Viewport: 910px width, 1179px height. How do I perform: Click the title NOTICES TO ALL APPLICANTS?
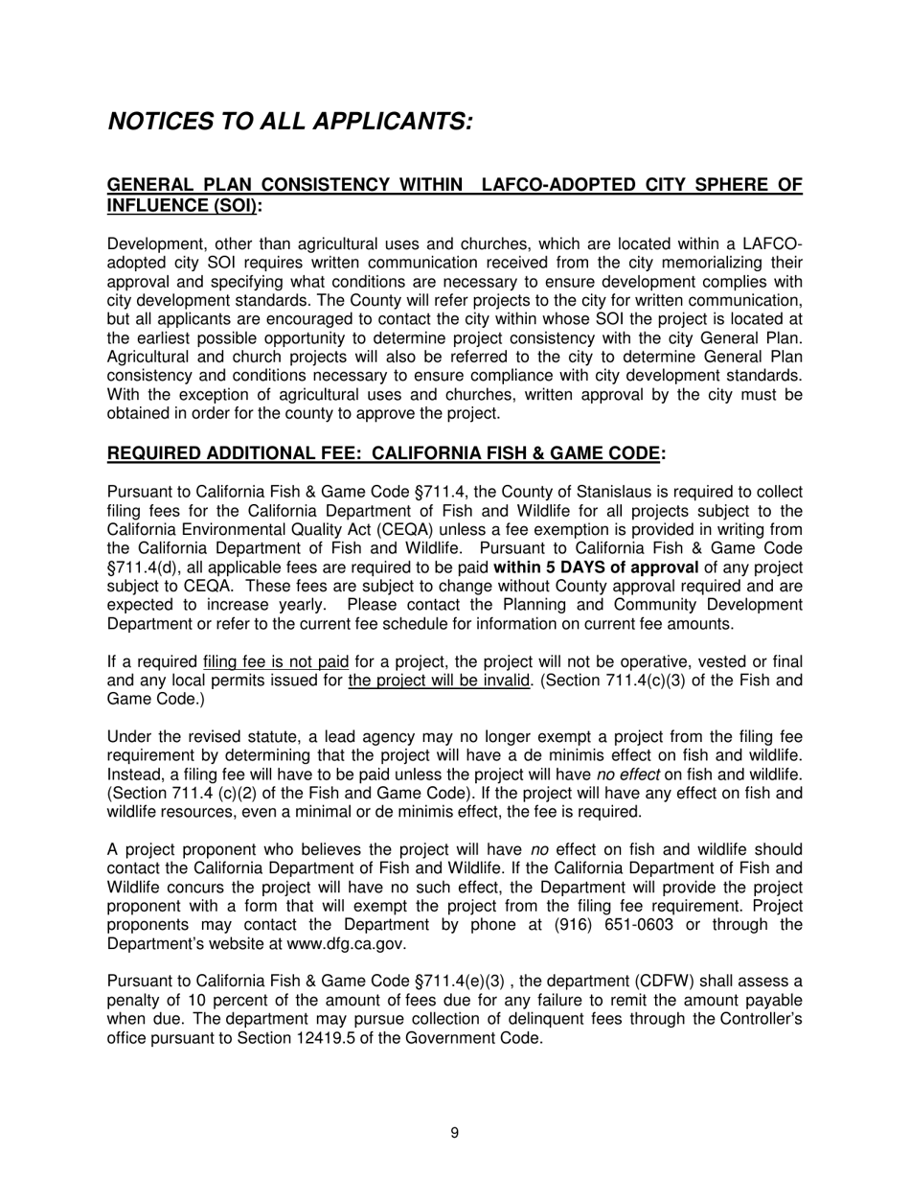[290, 122]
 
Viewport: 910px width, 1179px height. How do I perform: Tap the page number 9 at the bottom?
[454, 1133]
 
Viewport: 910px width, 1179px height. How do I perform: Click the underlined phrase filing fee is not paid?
[276, 662]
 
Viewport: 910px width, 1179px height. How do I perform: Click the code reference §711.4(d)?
[144, 567]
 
